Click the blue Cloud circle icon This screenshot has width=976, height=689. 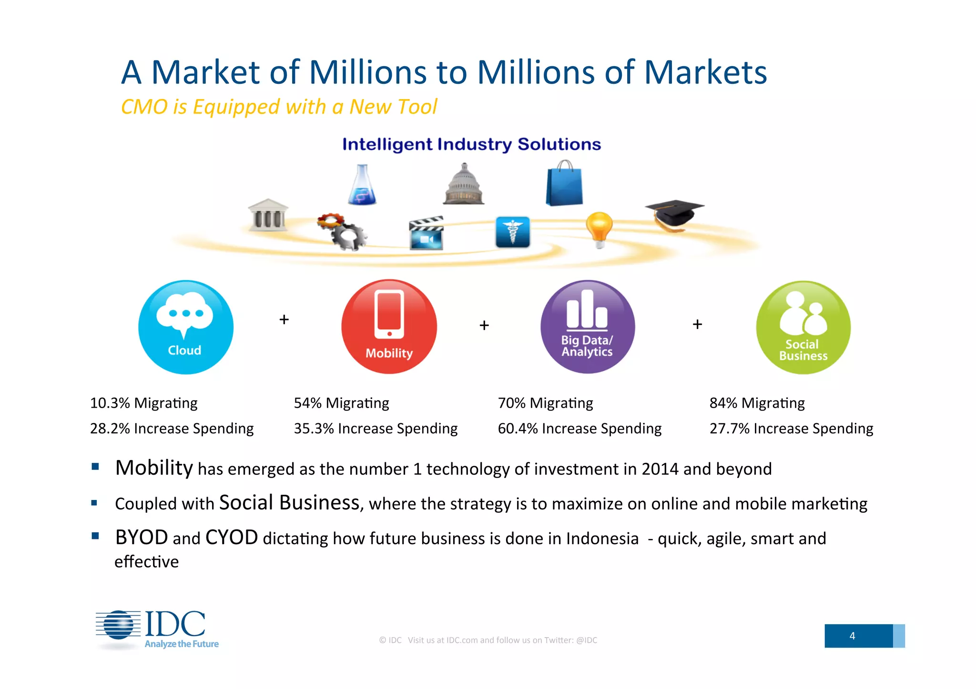click(x=186, y=327)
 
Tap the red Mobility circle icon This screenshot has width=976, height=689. click(x=389, y=327)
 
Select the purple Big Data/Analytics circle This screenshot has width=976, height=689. click(x=587, y=327)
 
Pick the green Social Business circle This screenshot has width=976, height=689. click(x=803, y=328)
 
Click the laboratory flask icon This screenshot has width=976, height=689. click(x=362, y=185)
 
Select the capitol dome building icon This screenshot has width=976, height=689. click(x=464, y=185)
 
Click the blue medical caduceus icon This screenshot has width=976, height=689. click(x=512, y=232)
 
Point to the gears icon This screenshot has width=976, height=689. click(x=342, y=231)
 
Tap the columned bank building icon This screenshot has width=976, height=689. click(x=268, y=215)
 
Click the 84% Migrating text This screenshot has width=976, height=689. click(x=757, y=403)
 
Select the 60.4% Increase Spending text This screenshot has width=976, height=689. click(x=579, y=429)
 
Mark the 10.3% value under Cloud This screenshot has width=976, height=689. click(x=110, y=403)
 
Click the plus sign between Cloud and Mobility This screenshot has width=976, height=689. click(x=284, y=320)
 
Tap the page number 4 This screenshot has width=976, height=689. click(x=852, y=636)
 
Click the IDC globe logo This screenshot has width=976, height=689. click(x=119, y=625)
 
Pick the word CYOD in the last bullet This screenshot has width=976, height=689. click(x=232, y=538)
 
